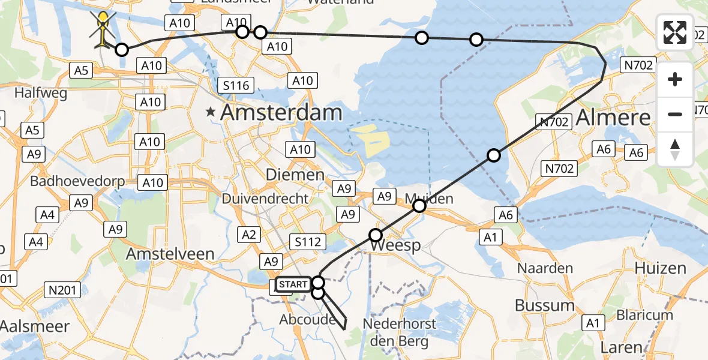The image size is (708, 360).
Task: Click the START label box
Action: pyautogui.click(x=293, y=284)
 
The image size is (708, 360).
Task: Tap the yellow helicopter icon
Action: pyautogui.click(x=104, y=27)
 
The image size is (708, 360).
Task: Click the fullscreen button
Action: pyautogui.click(x=675, y=32)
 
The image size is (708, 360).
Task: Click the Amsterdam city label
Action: pyautogui.click(x=282, y=112)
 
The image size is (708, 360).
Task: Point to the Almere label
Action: pyautogui.click(x=613, y=117)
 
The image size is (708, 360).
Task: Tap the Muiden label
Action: pyautogui.click(x=428, y=199)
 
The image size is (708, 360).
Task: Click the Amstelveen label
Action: pyautogui.click(x=170, y=254)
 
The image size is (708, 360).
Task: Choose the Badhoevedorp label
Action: pyautogui.click(x=68, y=181)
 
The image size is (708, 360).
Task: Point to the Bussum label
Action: pyautogui.click(x=545, y=305)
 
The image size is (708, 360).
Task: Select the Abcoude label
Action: pyautogui.click(x=307, y=320)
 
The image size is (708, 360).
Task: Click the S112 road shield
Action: pyautogui.click(x=308, y=242)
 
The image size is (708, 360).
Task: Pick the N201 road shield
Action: pyautogui.click(x=62, y=290)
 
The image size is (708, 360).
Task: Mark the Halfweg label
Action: pyautogui.click(x=39, y=94)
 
